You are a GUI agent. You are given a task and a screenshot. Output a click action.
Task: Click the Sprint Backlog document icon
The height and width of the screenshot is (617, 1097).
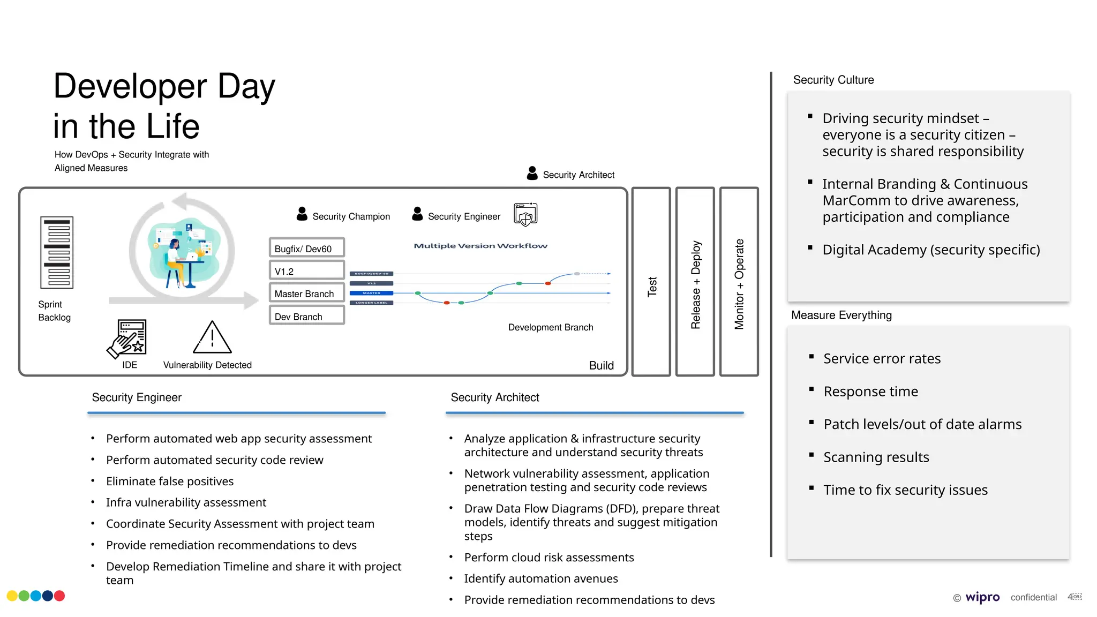(57, 252)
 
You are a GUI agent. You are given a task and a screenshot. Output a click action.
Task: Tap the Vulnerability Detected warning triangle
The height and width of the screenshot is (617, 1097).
(212, 338)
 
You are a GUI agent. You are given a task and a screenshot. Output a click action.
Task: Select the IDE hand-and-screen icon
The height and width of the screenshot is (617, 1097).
(127, 338)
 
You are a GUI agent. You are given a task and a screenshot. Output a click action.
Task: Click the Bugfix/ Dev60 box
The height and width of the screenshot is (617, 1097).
(306, 249)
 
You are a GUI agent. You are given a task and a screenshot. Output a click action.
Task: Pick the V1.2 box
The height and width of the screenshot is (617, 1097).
(306, 271)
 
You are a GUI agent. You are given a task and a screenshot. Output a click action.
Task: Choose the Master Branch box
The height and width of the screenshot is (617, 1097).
(306, 294)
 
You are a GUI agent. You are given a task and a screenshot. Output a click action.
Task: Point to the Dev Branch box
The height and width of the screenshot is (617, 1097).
(306, 317)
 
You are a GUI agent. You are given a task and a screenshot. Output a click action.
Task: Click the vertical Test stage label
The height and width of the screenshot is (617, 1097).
(651, 286)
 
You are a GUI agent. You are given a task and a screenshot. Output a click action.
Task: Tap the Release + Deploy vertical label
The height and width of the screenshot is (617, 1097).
(695, 284)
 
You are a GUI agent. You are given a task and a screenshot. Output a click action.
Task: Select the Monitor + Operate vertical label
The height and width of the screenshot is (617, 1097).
(739, 284)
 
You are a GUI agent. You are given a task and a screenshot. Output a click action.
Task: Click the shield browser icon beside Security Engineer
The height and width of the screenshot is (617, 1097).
(525, 214)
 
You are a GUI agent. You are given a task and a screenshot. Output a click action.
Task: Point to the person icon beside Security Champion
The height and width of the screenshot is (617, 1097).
(302, 214)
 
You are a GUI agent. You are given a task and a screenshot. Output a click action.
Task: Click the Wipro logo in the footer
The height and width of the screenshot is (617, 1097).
(982, 597)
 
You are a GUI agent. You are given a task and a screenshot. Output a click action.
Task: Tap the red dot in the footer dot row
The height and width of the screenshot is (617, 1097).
(59, 596)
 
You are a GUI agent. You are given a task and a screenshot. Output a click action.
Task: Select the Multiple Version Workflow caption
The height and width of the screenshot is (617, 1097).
(480, 246)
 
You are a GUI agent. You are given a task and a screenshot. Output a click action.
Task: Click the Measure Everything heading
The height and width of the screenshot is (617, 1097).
(841, 315)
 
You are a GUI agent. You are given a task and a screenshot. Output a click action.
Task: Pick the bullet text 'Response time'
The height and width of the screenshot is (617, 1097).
(870, 392)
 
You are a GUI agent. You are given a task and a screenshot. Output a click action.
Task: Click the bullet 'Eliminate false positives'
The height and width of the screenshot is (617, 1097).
(170, 481)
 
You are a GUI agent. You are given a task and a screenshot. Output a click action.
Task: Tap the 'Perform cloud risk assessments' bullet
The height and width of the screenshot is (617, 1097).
(548, 557)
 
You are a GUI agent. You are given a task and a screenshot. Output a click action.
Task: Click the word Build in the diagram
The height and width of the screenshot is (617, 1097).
(601, 365)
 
